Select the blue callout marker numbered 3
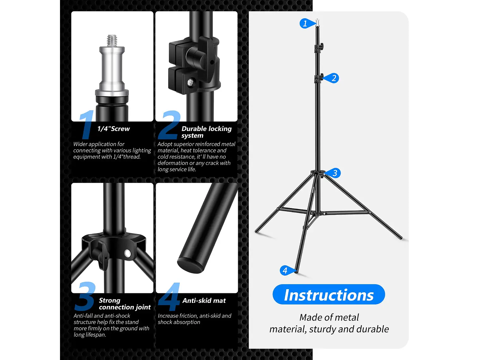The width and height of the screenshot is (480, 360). coord(334,173)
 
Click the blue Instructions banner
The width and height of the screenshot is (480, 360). coord(329,295)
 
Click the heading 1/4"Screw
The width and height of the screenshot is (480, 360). coord(113,129)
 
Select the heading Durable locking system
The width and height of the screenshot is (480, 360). coord(206,132)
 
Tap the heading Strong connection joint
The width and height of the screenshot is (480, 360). coord(124,304)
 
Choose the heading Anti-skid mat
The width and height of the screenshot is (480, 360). coord(204,301)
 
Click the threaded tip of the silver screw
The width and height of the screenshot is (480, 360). coord(112,40)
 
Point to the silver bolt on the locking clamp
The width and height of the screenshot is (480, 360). coord(190,83)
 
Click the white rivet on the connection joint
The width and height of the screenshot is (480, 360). coord(128,253)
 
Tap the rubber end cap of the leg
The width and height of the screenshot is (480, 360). coord(190,265)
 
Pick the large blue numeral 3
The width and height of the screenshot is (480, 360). coord(85,296)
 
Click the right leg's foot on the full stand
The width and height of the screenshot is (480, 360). coord(400,238)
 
